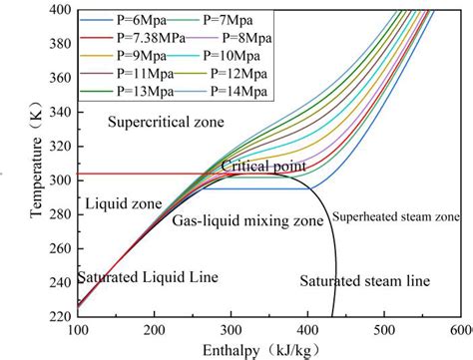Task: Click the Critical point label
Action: (x=264, y=166)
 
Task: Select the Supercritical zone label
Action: (x=165, y=122)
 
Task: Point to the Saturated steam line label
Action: (x=364, y=281)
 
